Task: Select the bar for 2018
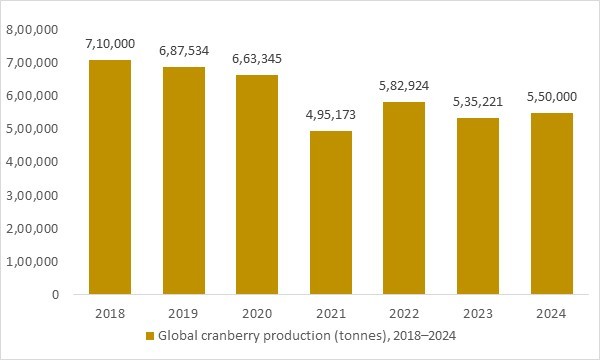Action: pos(110,178)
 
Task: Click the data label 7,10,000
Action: pos(110,46)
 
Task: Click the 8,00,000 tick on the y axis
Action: pos(31,30)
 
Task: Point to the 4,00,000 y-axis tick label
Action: pos(31,162)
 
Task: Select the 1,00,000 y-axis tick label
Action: pos(31,262)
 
